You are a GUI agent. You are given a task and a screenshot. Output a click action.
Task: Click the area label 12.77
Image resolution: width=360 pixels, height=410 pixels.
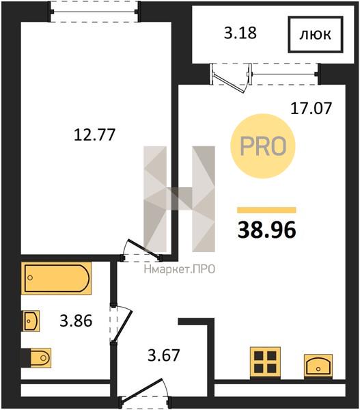click(94, 135)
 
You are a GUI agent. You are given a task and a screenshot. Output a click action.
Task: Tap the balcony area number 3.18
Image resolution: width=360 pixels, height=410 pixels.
click(240, 33)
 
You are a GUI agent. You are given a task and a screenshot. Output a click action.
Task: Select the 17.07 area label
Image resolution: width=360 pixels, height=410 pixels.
click(311, 108)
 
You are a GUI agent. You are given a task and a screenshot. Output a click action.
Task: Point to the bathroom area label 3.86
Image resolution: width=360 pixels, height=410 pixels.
click(76, 320)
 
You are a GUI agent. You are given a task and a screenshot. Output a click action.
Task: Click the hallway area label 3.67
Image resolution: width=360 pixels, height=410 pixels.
click(164, 355)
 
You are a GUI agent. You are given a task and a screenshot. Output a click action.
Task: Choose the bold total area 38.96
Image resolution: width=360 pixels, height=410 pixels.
click(266, 230)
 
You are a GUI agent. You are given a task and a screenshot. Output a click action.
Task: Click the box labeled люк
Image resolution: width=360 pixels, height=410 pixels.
click(316, 34)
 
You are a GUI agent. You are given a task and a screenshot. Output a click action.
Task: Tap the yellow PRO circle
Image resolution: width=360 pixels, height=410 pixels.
click(263, 146)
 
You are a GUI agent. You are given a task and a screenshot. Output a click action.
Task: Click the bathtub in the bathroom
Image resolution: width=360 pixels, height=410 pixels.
click(56, 278)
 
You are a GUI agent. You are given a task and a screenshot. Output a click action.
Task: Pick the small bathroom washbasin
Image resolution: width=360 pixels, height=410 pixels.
click(31, 321)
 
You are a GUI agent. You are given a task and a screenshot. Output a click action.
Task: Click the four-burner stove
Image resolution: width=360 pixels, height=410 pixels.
click(265, 362)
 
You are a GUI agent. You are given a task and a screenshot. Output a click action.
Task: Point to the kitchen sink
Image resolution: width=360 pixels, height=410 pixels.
click(318, 366)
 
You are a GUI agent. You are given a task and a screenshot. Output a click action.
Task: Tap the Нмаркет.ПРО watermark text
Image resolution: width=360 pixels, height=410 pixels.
click(180, 269)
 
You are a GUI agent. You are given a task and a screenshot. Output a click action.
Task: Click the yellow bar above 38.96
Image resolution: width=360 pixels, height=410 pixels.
click(266, 210)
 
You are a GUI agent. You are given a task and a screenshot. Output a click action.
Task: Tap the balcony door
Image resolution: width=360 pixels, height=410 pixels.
click(231, 78)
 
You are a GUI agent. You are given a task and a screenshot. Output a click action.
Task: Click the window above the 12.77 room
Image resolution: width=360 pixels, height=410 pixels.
click(94, 12)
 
